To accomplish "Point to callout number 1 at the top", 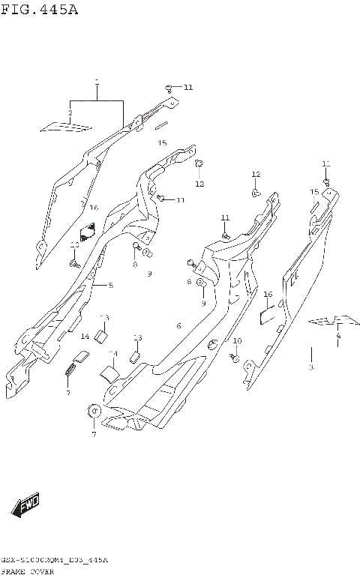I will pos(97,80).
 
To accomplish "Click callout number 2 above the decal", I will pos(70,113).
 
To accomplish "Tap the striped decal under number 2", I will pos(64,127).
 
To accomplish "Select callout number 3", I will pos(311,367).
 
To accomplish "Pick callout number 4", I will pos(338,336).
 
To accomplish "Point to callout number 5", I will pos(110,286).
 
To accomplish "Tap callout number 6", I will pos(178,325).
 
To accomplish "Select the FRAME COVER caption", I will pos(25,571).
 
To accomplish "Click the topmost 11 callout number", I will pos(187,88).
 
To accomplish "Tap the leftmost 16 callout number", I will pos(94,208).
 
